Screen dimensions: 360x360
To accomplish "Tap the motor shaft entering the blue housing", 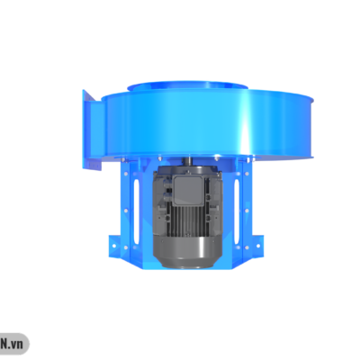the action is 190,160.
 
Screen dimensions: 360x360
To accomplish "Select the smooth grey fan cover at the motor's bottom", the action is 187,252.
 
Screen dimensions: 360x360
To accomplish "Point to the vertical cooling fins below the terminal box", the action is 188,220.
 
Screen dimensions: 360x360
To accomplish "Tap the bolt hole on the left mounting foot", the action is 114,246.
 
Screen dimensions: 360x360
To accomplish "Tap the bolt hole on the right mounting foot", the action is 258,246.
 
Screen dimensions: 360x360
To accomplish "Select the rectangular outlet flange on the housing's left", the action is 92,130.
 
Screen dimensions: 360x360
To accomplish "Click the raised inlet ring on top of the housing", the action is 187,86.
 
